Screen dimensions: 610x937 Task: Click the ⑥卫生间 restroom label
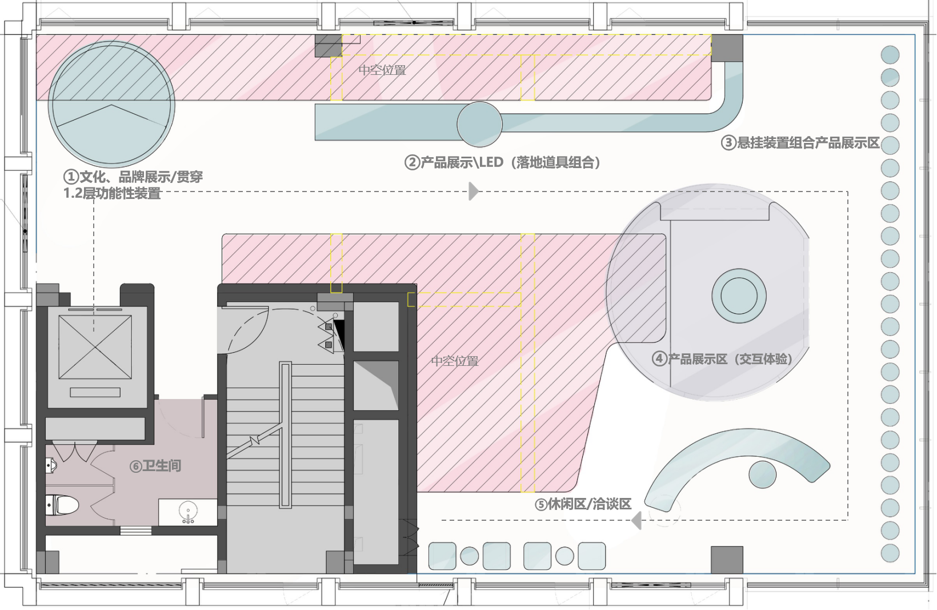tap(155, 466)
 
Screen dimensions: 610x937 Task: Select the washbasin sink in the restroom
tap(187, 511)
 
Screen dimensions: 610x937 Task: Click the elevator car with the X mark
tap(95, 347)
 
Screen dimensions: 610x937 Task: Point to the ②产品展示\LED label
tap(503, 162)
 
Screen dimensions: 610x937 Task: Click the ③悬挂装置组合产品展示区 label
tap(800, 142)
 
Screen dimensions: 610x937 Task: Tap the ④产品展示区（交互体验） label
tap(723, 359)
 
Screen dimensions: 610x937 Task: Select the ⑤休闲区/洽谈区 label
tap(583, 504)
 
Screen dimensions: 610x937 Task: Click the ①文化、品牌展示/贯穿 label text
tap(133, 177)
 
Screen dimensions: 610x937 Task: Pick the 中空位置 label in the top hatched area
tap(382, 70)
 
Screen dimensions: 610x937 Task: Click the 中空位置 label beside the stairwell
tap(455, 361)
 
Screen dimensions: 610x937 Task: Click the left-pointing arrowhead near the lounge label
tap(636, 520)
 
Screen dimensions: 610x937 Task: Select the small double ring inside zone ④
tap(739, 296)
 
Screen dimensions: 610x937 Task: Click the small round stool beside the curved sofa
tap(762, 474)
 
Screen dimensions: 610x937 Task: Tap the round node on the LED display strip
tap(479, 124)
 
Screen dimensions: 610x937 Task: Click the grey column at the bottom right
tap(727, 560)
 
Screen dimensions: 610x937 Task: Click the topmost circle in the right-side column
tap(890, 55)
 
